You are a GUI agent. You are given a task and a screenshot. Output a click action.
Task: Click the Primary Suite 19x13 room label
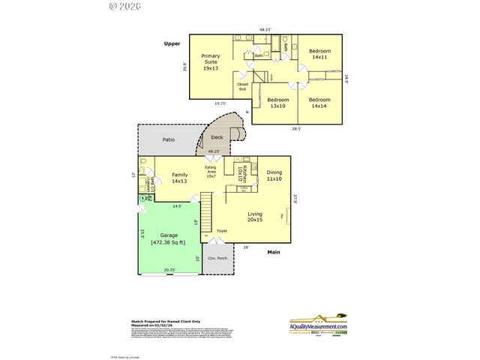point(211,61)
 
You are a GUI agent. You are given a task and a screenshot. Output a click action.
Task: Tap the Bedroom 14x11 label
point(320,55)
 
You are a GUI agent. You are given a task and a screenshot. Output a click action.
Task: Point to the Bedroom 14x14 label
point(320,103)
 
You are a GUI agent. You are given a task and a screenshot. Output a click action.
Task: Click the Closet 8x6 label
point(242,87)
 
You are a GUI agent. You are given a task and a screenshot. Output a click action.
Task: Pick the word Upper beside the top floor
point(172,44)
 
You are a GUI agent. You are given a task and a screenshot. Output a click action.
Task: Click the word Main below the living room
point(274,251)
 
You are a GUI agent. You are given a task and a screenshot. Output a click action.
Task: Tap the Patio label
point(170,139)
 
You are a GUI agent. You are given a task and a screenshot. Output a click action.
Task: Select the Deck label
point(217,137)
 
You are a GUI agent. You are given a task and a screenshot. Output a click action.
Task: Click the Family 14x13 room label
point(180,178)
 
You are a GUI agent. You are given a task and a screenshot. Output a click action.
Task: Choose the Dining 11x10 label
point(274,175)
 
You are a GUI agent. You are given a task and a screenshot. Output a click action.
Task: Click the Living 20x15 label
point(256,217)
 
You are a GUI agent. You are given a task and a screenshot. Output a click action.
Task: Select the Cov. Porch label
point(217,259)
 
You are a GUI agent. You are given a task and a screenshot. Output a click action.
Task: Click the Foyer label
point(222,230)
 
